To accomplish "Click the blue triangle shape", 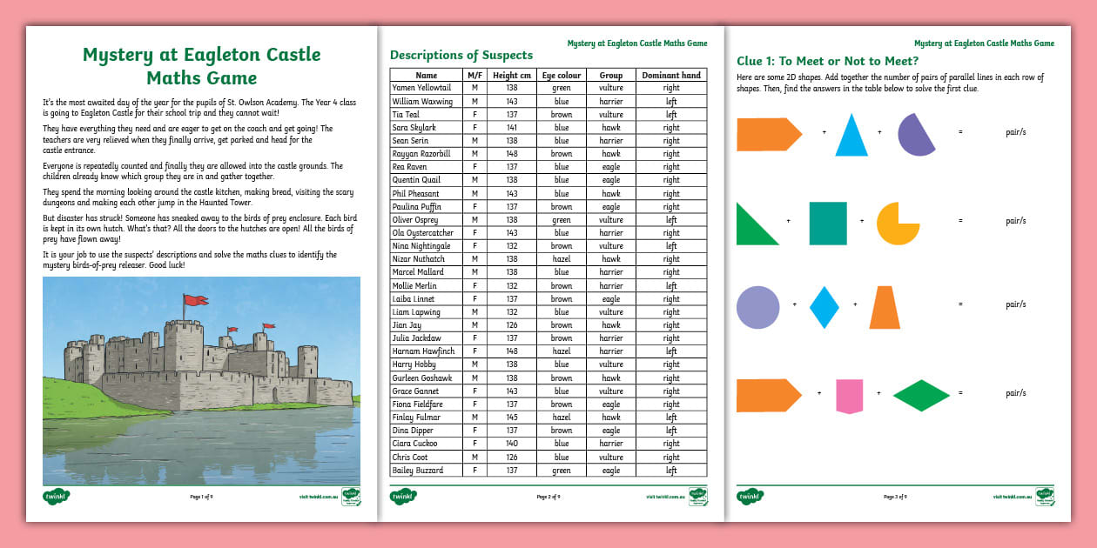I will point(851,139).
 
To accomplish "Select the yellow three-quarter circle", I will point(898,224).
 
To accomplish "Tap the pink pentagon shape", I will point(849,396).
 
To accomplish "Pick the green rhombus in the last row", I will point(922,395).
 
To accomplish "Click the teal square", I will point(827,224).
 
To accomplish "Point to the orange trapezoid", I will point(885,308).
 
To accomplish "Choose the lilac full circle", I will point(757,307).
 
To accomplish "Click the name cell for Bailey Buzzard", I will point(417,471).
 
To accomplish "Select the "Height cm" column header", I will point(511,76).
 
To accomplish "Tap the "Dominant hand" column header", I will point(671,76).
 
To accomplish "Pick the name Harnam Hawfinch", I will point(423,351).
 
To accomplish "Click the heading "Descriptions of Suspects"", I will point(461,56).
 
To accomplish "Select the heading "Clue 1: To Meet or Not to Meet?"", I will point(827,61).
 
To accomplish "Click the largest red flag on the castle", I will point(195,301).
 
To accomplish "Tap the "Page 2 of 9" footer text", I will point(548,497).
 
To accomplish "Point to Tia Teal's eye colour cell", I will point(561,115).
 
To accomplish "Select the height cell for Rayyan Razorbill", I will point(511,154).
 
